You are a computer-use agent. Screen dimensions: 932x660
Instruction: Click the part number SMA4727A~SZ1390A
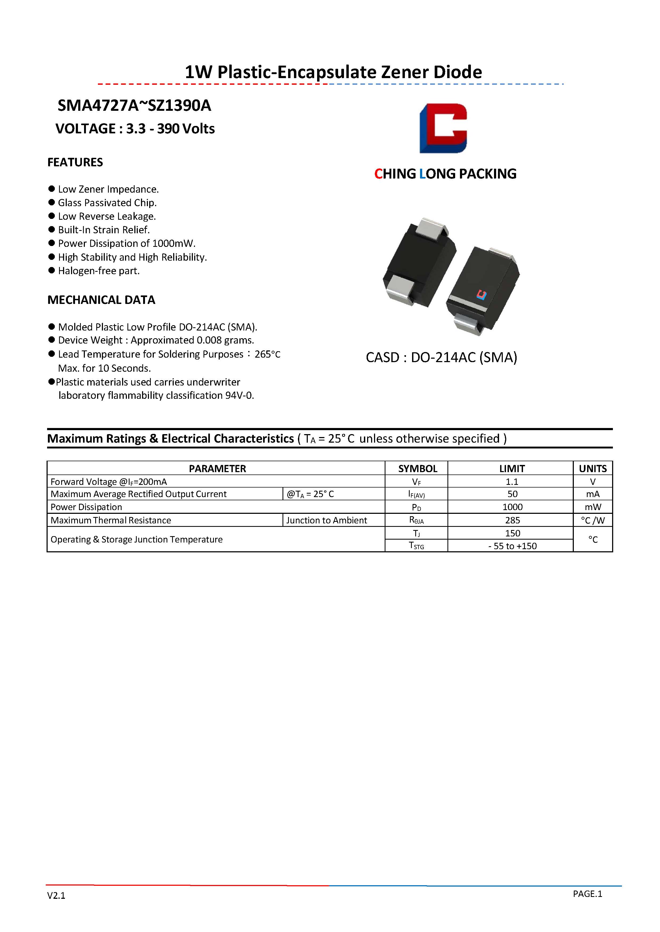(x=134, y=105)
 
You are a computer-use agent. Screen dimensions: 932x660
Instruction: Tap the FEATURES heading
(x=75, y=162)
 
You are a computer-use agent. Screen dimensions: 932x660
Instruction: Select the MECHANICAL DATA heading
(x=101, y=300)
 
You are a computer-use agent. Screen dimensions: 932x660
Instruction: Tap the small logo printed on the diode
(x=481, y=295)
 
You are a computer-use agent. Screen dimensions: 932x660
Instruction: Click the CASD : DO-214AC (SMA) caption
(x=441, y=358)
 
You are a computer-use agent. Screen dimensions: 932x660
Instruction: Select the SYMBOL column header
(x=417, y=468)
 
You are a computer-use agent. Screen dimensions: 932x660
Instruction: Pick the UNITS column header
(x=592, y=468)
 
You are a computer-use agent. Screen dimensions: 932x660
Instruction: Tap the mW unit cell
(x=592, y=507)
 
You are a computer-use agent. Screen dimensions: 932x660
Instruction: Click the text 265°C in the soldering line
(x=267, y=354)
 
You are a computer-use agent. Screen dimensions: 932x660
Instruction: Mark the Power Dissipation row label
(x=86, y=507)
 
